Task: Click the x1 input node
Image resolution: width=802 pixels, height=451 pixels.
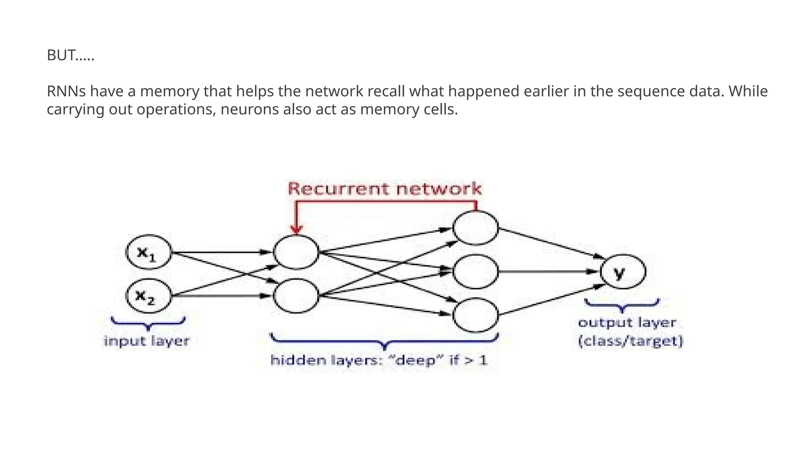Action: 148,252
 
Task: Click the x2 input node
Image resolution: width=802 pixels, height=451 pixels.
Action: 148,296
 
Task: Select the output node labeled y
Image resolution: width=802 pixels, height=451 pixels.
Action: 623,271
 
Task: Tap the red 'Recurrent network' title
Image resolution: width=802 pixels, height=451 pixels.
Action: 385,189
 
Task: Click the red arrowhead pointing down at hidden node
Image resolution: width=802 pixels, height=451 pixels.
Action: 297,229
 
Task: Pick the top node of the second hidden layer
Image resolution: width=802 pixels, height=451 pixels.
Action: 475,228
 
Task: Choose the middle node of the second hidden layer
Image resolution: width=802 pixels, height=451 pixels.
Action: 475,271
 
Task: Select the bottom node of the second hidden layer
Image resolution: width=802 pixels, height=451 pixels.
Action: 475,315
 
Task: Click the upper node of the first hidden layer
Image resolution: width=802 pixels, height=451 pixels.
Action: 296,252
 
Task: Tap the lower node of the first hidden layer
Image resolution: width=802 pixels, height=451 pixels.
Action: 296,296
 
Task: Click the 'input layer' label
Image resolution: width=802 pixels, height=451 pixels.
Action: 146,341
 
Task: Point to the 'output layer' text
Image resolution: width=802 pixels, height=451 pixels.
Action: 627,323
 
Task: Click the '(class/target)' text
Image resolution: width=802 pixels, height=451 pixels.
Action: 630,341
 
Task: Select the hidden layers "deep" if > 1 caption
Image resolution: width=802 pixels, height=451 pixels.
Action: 379,360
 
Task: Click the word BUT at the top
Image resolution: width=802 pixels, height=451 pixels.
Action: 61,55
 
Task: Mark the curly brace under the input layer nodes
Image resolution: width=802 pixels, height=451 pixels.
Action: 148,323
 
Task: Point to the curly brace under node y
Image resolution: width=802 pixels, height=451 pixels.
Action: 622,305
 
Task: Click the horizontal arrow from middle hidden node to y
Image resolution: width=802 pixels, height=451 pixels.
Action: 548,271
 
